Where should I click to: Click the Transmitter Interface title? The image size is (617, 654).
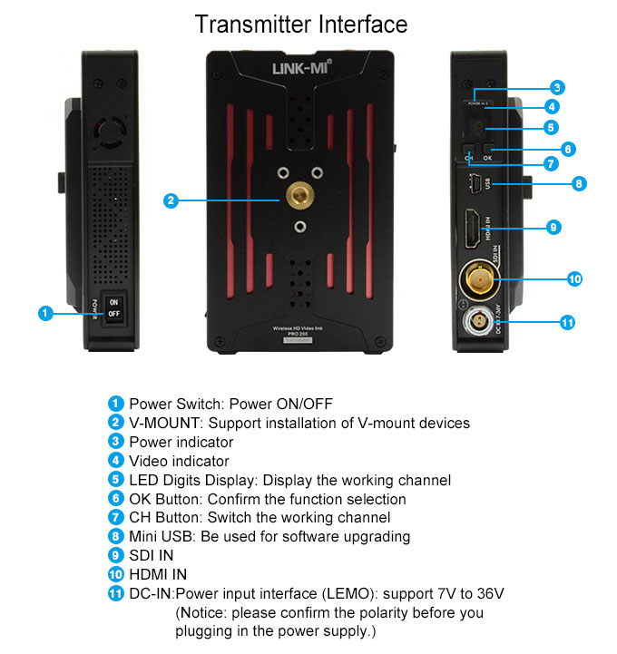point(302,24)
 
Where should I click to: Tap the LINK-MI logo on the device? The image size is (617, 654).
point(302,68)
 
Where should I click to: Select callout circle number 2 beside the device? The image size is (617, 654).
point(171,200)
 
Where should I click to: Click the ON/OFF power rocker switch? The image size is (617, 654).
point(113,307)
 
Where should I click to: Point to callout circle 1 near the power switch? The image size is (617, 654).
point(44,313)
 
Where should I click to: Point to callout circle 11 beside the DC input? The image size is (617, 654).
point(568,322)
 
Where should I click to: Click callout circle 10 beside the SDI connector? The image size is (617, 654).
point(573,278)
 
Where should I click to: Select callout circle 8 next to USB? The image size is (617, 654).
point(578,184)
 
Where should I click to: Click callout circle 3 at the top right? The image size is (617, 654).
point(557,88)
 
